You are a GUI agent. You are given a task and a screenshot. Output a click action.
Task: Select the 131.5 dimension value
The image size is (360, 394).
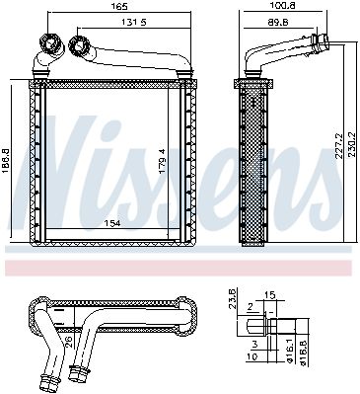pyautogui.click(x=134, y=22)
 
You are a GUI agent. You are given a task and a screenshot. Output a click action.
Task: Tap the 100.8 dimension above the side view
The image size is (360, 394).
pyautogui.click(x=283, y=6)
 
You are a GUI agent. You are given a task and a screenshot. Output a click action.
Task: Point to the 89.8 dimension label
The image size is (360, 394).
pyautogui.click(x=277, y=22)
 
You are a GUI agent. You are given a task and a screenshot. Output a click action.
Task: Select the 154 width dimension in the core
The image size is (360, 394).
pyautogui.click(x=112, y=223)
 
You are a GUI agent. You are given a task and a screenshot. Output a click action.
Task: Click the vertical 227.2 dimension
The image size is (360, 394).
pyautogui.click(x=339, y=146)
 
